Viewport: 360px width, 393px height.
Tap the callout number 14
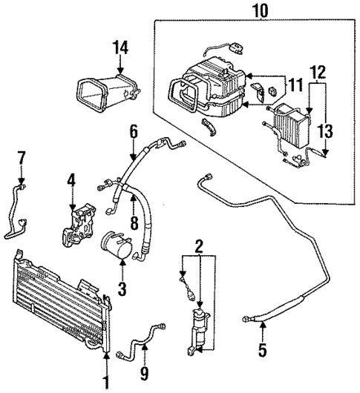coord(120,48)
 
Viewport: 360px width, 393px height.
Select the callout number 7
coord(22,157)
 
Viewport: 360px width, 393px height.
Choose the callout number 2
coord(198,245)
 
